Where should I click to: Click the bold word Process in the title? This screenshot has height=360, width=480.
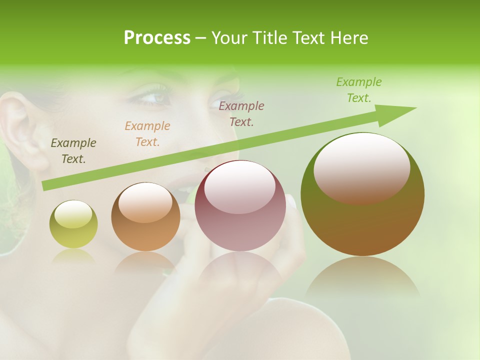click(x=157, y=38)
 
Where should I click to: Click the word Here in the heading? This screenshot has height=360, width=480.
click(x=349, y=38)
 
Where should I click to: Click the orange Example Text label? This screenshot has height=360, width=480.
click(x=147, y=134)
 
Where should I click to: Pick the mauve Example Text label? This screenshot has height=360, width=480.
click(x=241, y=113)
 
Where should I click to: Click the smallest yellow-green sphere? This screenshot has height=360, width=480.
click(x=73, y=224)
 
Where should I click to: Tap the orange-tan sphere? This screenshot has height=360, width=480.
click(x=145, y=217)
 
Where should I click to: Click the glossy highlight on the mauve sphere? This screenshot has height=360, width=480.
click(x=240, y=186)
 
